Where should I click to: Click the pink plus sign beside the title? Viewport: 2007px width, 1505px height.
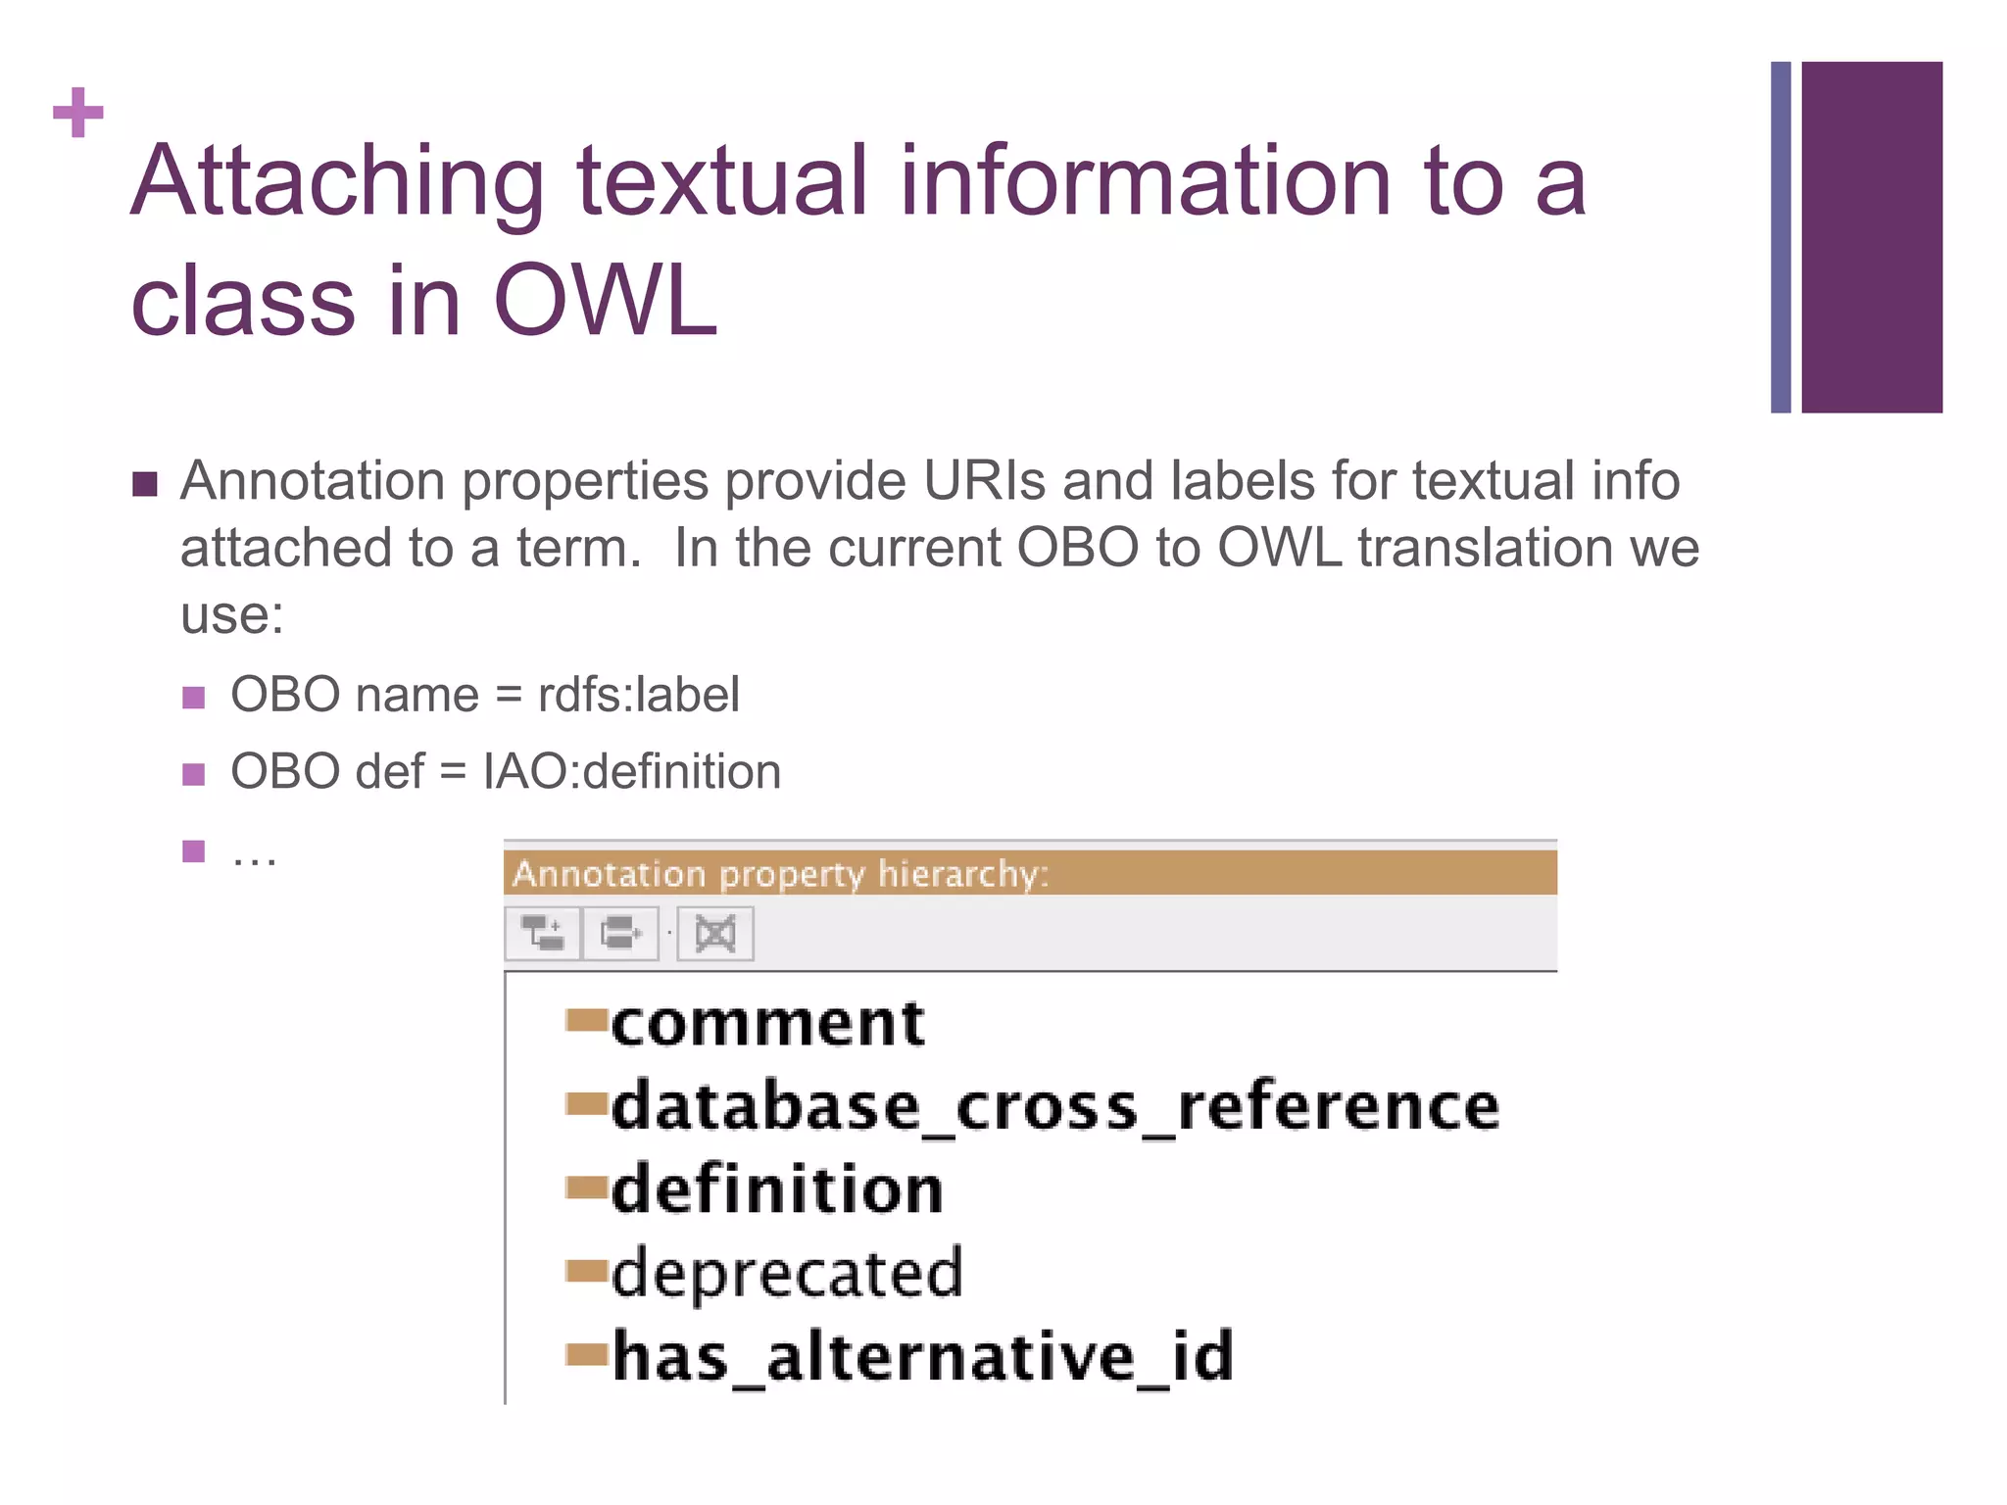tap(78, 113)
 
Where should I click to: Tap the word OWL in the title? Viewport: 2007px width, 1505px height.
tap(605, 301)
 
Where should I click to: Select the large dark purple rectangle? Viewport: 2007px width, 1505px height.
tap(1871, 237)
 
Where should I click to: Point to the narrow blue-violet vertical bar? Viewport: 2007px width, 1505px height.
tap(1781, 237)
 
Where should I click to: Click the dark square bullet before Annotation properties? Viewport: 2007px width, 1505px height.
tap(145, 484)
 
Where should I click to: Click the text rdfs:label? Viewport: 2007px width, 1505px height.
tap(638, 696)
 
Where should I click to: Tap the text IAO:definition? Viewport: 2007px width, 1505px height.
tap(632, 772)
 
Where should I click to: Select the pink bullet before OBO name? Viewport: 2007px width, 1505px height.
tap(194, 698)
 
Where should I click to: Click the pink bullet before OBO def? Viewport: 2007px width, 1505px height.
tap(194, 775)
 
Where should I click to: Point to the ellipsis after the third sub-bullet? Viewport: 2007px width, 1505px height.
tap(254, 856)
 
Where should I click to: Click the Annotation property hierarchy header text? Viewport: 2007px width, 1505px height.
tap(780, 873)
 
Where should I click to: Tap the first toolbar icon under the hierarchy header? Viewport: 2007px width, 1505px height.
tap(543, 933)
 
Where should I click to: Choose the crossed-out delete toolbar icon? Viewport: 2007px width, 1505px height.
tap(715, 933)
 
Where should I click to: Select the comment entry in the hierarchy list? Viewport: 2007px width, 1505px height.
tap(767, 1024)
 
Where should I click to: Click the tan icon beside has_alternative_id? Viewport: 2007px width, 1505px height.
tap(586, 1355)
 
